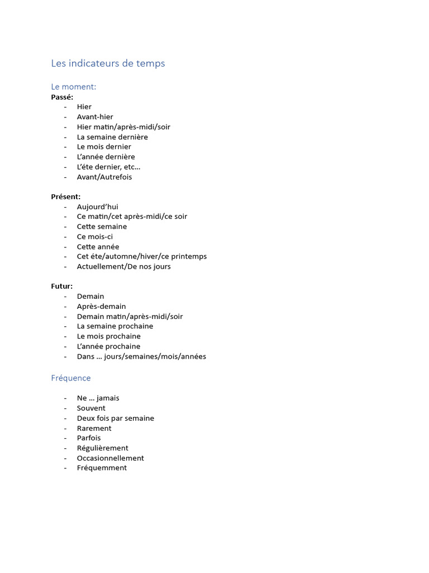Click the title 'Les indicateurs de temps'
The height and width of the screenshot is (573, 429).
[108, 64]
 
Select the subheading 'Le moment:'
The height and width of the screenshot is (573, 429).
[73, 87]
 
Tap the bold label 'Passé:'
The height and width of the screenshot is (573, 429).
[62, 97]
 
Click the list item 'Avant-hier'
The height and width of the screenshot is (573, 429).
[95, 117]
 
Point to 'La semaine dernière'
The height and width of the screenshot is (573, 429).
[112, 137]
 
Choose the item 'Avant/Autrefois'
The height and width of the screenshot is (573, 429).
[104, 177]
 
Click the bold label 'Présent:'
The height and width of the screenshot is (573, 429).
[66, 197]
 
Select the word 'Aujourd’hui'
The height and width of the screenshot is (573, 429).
[97, 207]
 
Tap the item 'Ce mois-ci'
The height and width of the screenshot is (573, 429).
[95, 237]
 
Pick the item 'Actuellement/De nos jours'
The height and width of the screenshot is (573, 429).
[123, 267]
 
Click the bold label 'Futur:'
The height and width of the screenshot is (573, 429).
[62, 286]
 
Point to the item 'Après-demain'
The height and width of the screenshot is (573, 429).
[101, 307]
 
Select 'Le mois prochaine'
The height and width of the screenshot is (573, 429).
[108, 336]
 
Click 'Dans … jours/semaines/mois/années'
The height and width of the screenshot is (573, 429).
[141, 356]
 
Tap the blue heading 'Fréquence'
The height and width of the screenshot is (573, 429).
[71, 378]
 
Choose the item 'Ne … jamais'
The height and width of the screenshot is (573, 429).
[98, 398]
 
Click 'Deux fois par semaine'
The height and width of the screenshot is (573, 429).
[115, 419]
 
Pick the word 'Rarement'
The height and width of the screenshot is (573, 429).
[94, 429]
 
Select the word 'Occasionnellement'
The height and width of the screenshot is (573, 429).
[110, 458]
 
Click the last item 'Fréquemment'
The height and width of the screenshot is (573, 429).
[102, 468]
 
